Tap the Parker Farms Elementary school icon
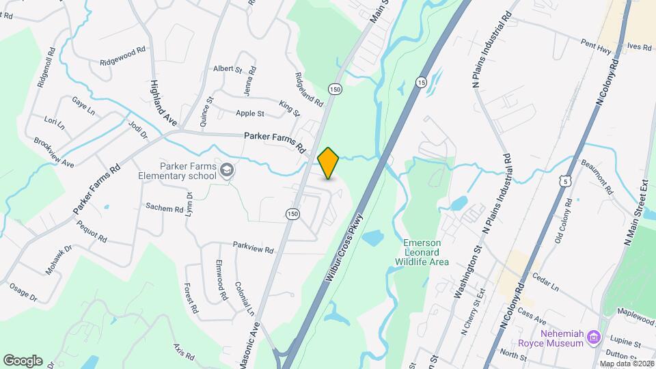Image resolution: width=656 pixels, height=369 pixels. [226, 169]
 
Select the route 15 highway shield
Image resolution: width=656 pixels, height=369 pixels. [420, 82]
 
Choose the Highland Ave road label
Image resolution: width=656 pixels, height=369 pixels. [163, 102]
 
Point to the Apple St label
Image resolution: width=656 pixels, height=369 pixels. [249, 113]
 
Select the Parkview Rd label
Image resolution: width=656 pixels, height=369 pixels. [253, 249]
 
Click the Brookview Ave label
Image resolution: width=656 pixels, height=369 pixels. [53, 153]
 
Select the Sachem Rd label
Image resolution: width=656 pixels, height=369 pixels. [164, 208]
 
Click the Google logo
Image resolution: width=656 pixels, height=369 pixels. [23, 360]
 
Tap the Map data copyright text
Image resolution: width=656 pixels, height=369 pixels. [626, 363]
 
